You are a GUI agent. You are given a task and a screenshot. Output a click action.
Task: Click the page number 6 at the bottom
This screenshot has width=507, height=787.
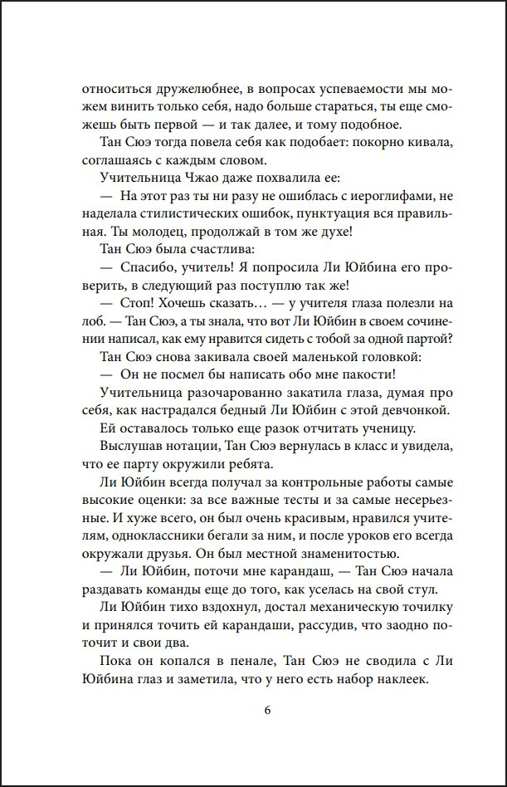(x=267, y=711)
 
